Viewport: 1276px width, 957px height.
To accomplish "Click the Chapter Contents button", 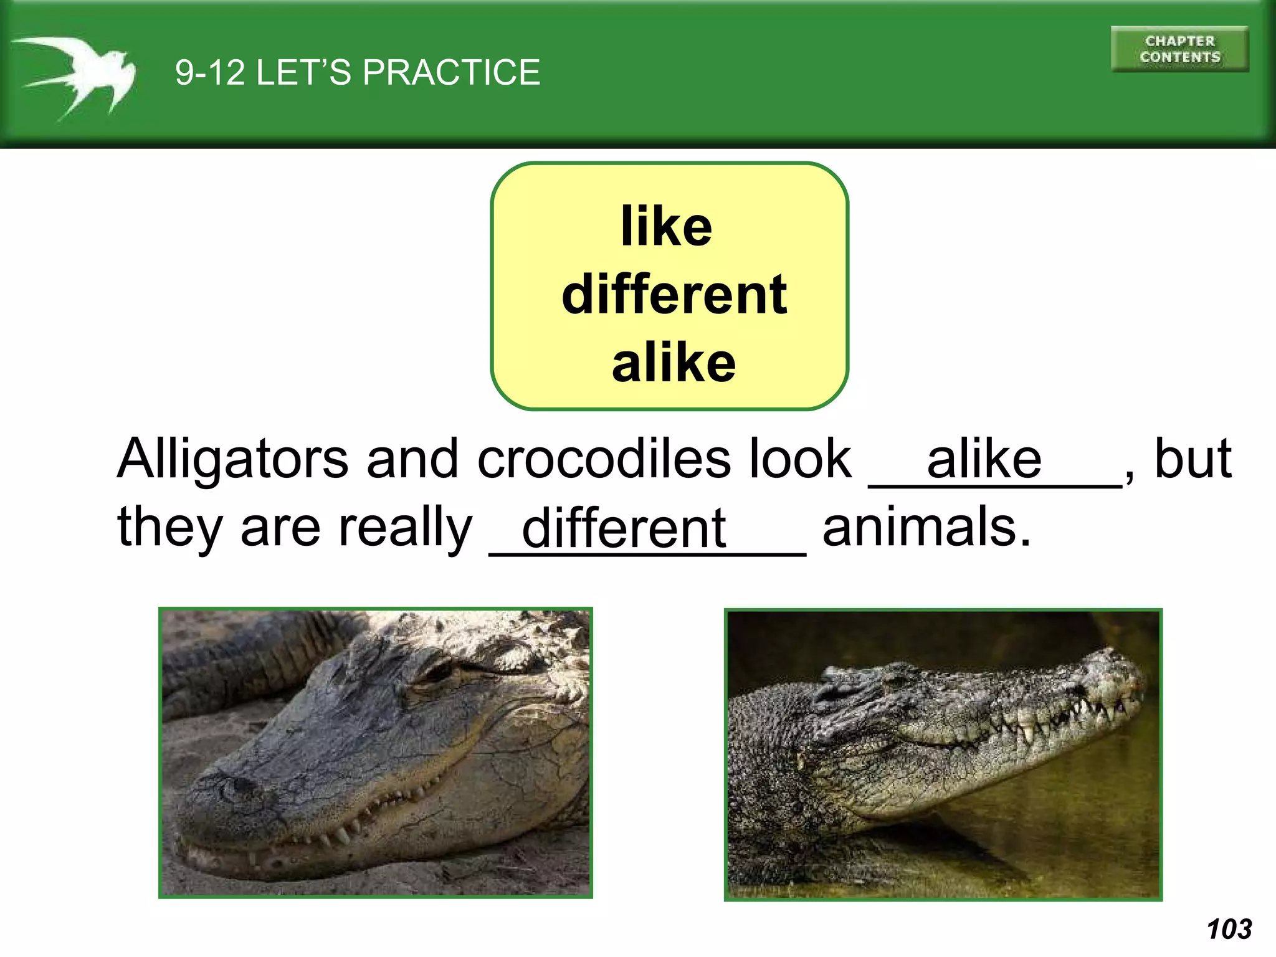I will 1179,49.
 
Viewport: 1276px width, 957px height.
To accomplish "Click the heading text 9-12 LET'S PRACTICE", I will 357,72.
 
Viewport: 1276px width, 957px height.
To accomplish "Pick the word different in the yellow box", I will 674,295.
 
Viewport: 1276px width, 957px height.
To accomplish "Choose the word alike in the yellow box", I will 674,363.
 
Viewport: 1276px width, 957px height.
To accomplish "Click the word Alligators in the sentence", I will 232,460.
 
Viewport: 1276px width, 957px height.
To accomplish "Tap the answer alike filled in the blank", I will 984,460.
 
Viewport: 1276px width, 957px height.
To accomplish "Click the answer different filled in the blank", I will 624,528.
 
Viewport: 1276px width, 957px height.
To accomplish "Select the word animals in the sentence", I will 926,527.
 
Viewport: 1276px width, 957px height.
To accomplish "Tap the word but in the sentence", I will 1193,459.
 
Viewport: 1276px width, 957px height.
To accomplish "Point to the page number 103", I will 1229,929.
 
